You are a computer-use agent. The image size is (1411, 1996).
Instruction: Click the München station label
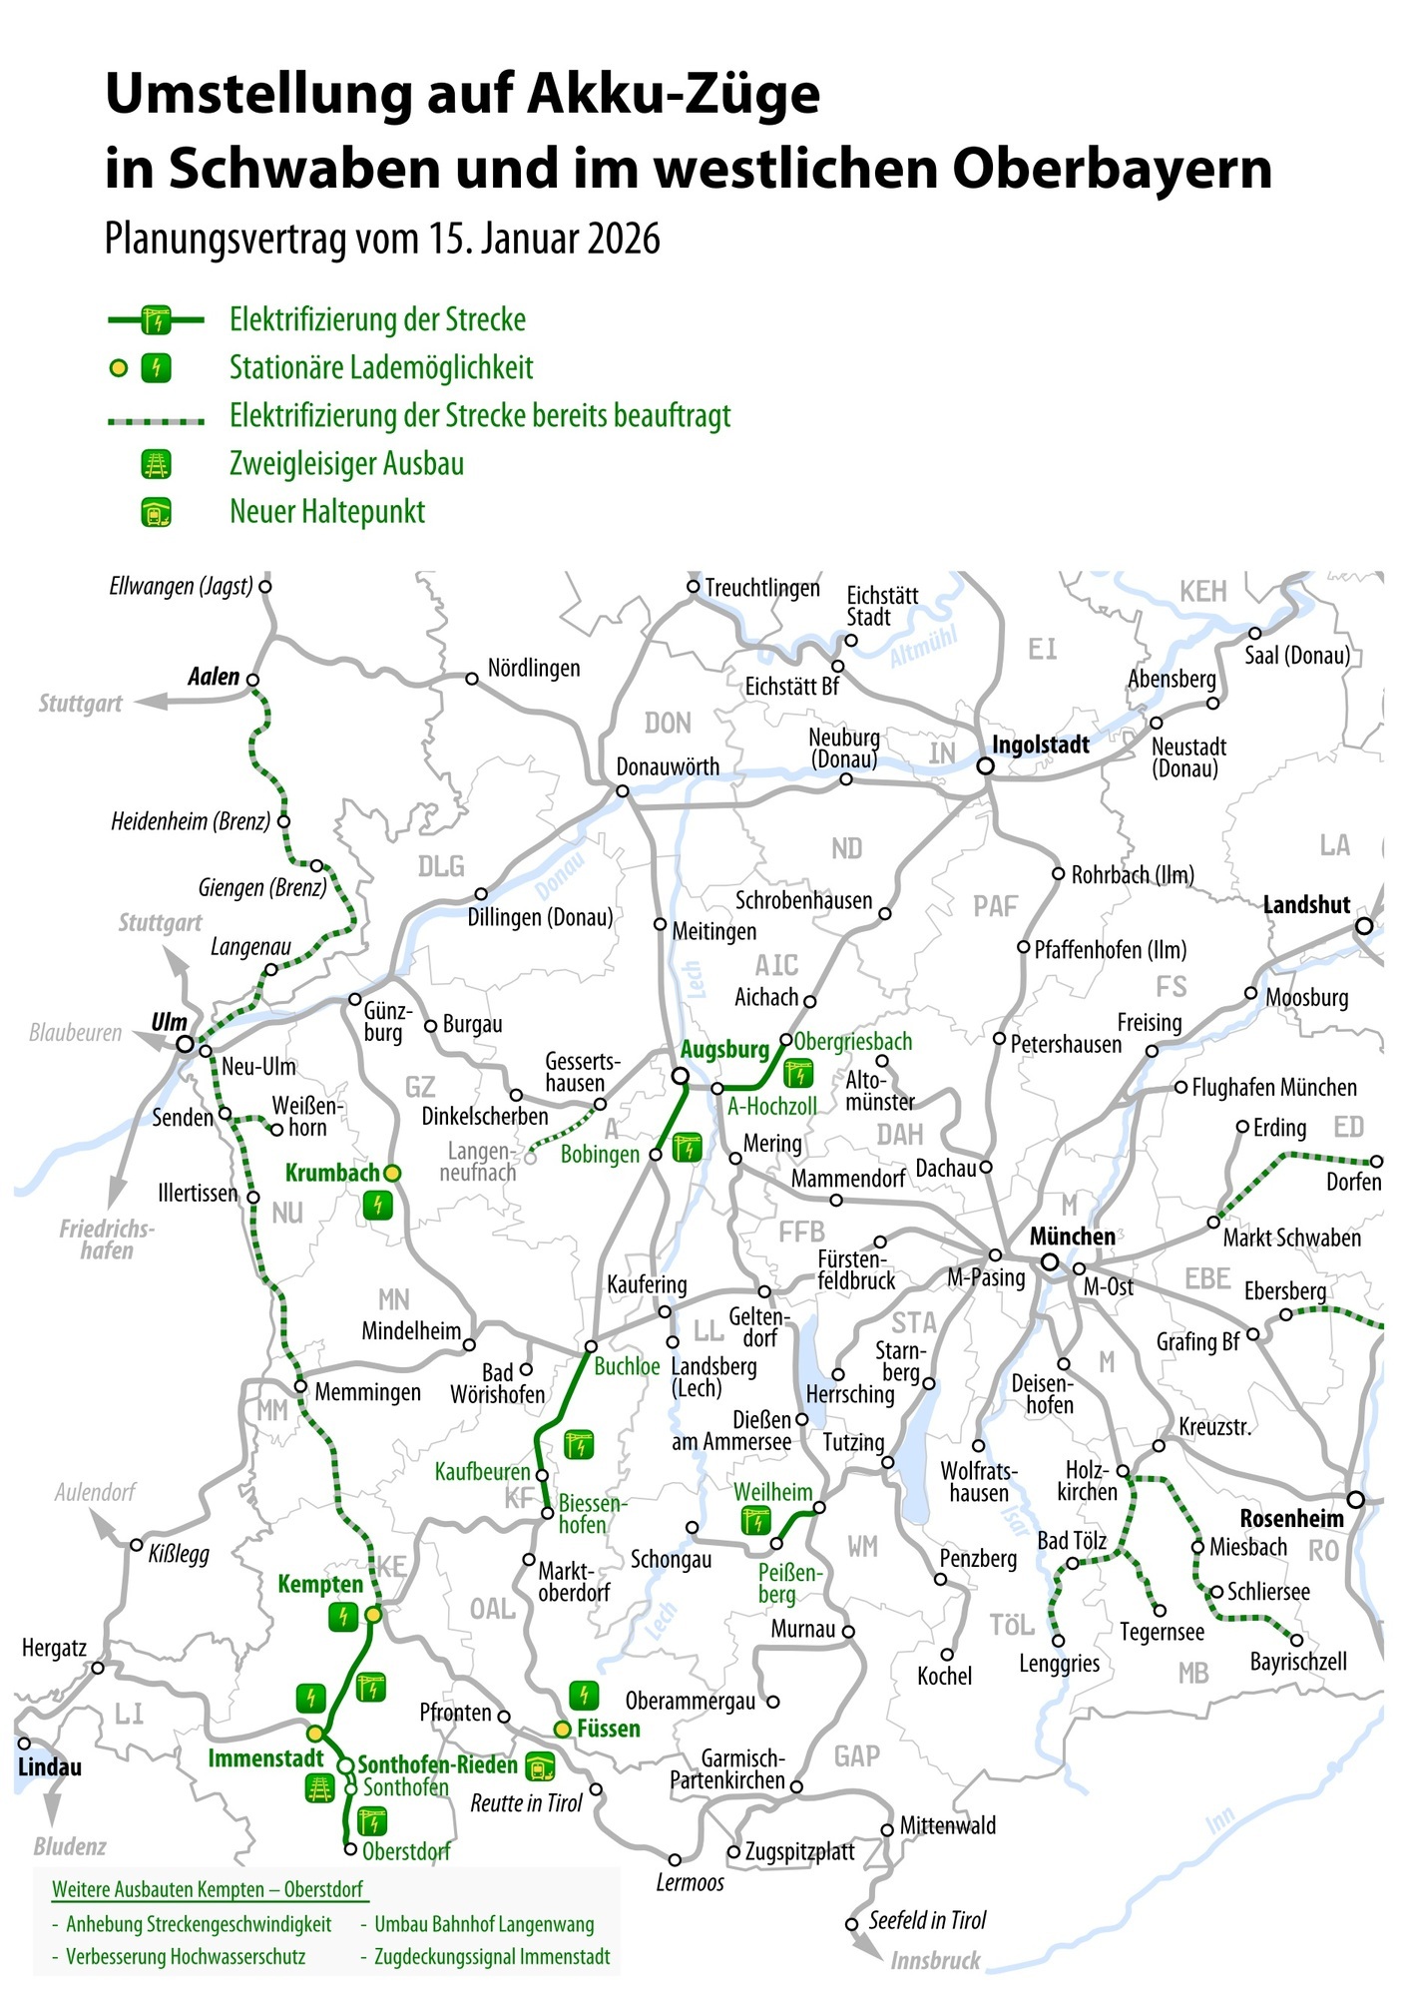[1073, 1237]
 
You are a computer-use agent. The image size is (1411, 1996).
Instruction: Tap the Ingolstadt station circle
[985, 765]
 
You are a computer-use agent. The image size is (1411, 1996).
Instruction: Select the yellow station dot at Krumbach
[392, 1173]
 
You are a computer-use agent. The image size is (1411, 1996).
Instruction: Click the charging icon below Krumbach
[377, 1206]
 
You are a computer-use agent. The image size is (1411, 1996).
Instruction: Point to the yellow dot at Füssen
[563, 1729]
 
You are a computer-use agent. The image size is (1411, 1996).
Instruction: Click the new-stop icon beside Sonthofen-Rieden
[541, 1767]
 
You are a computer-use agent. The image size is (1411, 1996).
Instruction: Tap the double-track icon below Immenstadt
[319, 1788]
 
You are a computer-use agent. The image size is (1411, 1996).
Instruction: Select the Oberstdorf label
[406, 1851]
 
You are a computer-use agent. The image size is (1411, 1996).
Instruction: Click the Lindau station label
[50, 1767]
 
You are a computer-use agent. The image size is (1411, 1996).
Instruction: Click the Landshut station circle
[1364, 925]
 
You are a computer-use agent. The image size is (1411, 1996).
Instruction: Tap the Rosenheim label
[1291, 1518]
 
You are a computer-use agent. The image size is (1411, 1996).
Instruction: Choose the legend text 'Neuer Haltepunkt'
[327, 512]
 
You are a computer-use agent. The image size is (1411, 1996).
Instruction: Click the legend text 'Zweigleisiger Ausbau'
[346, 464]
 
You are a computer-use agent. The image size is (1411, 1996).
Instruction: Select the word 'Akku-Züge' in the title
[674, 94]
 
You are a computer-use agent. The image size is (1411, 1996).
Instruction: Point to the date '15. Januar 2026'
[545, 240]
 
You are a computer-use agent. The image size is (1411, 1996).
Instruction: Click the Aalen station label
[214, 677]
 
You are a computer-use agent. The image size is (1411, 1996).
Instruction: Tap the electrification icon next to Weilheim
[755, 1521]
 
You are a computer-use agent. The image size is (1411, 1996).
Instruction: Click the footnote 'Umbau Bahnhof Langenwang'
[484, 1924]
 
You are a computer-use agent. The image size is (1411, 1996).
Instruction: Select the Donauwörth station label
[668, 766]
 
